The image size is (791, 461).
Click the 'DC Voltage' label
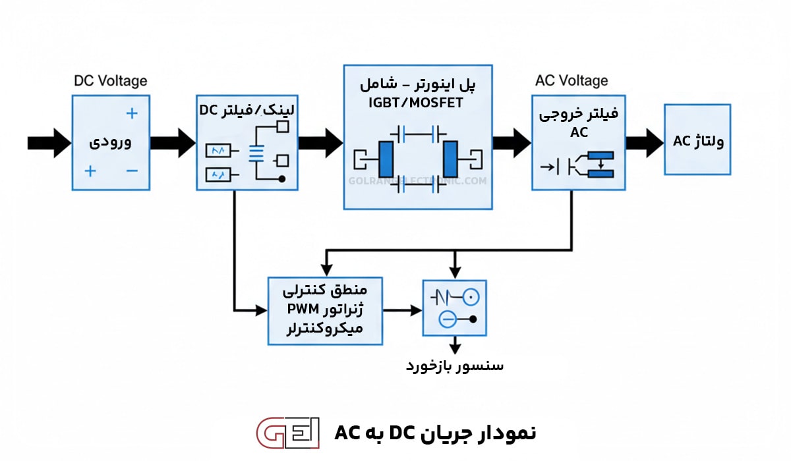110,81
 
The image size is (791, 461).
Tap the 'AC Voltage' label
571,81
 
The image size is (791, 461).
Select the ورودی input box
111,143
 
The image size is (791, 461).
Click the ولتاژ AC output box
697,140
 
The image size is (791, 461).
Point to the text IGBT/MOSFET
417,103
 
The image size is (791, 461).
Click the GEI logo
287,433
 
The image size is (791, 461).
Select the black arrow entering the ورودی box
49,143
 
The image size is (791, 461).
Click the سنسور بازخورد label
455,366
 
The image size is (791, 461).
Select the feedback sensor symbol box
454,308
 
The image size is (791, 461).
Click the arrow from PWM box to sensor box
403,310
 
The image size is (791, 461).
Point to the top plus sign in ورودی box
132,113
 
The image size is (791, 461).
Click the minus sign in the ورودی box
132,171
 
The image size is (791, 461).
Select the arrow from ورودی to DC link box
173,143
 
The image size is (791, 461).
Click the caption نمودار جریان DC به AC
435,433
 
